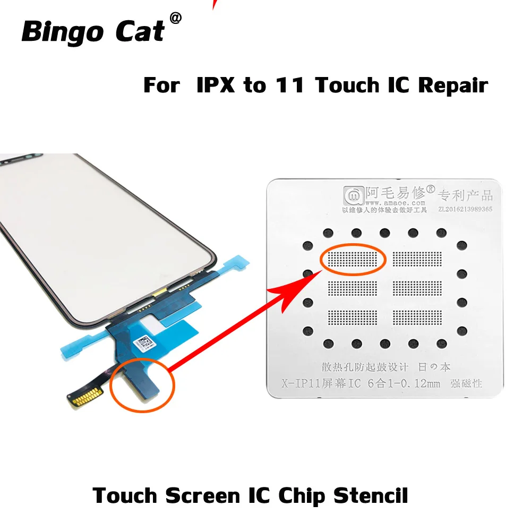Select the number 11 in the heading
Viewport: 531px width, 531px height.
(x=285, y=85)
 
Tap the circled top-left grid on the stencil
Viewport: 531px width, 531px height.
(x=352, y=259)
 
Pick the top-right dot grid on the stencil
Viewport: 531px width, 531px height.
(x=417, y=259)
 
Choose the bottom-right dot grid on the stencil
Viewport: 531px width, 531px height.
(x=417, y=317)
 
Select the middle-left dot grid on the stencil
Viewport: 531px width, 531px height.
(x=352, y=288)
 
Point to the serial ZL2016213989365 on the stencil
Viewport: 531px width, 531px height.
(x=465, y=209)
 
